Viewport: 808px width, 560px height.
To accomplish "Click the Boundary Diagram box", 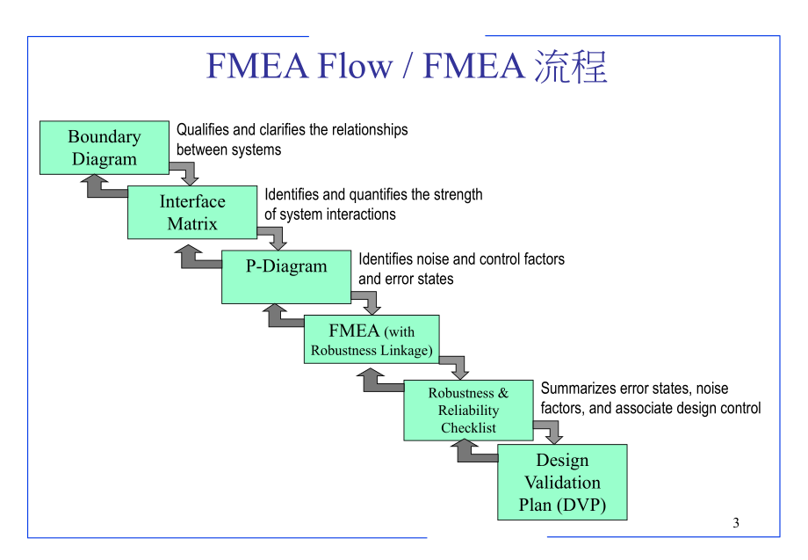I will [x=104, y=148].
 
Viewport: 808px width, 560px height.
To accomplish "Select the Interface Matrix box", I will [x=191, y=213].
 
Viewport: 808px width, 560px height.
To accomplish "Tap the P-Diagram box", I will [x=286, y=277].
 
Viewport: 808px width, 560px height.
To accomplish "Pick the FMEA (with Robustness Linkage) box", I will [x=372, y=340].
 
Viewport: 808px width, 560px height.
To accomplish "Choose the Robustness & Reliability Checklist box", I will [x=468, y=411].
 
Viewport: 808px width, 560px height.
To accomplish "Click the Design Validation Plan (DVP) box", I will [x=562, y=483].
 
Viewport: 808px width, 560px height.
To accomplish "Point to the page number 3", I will [x=736, y=523].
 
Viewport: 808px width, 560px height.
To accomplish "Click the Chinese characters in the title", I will [x=571, y=67].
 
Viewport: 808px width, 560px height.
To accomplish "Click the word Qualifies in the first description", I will [x=202, y=130].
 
